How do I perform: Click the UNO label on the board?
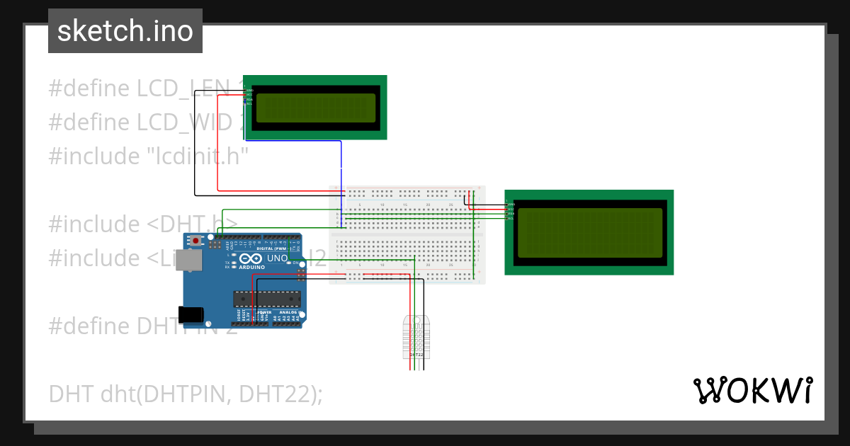[x=277, y=259]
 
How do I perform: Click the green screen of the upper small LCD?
[x=315, y=108]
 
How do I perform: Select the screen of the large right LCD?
[x=589, y=233]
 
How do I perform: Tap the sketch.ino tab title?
[x=125, y=31]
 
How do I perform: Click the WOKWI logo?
[x=752, y=391]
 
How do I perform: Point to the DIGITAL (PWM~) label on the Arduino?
[x=270, y=249]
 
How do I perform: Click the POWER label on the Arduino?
[x=263, y=311]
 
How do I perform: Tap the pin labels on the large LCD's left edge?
[x=510, y=211]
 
